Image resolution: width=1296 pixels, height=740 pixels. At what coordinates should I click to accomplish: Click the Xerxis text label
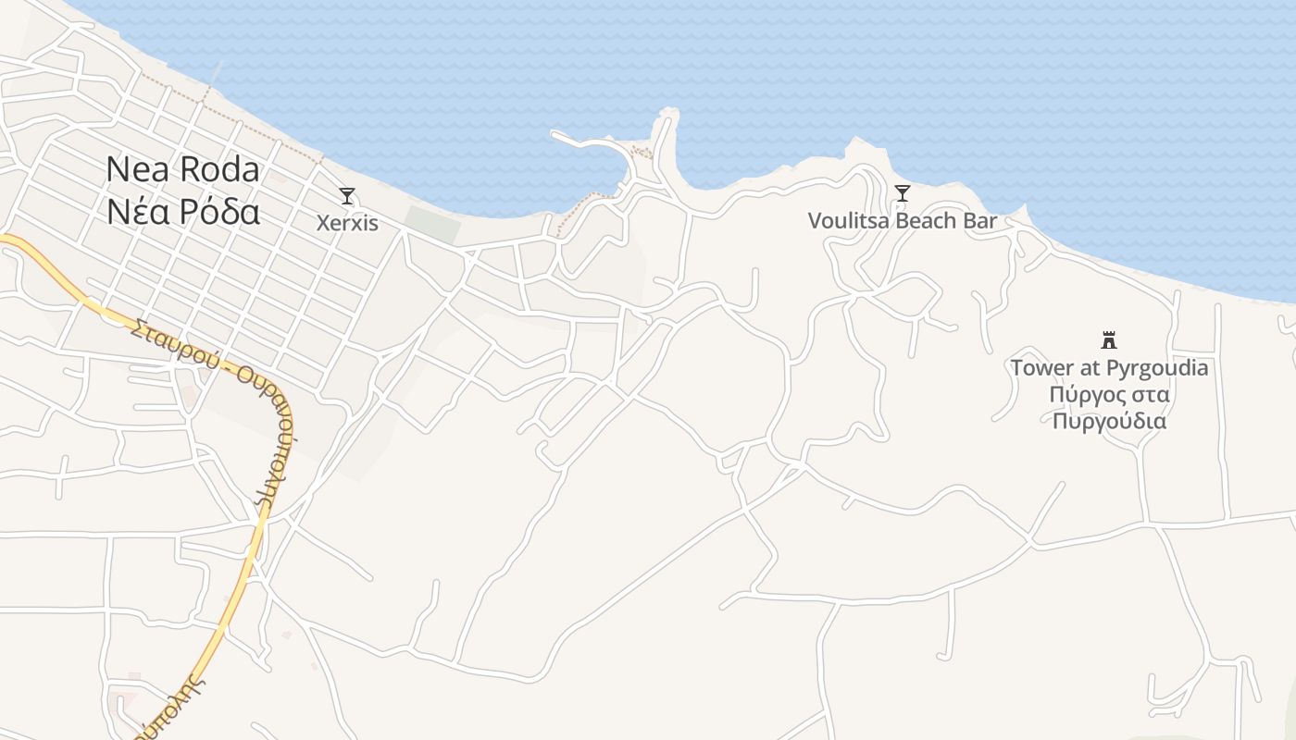pos(347,223)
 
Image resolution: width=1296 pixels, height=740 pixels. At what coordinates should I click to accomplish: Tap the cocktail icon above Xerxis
pos(347,196)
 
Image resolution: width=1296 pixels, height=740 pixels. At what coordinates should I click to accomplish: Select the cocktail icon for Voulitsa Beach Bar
pos(903,193)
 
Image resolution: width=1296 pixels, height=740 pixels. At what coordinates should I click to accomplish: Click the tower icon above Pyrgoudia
pos(1109,339)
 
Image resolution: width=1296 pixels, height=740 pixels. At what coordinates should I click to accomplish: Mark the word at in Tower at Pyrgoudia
pos(1090,368)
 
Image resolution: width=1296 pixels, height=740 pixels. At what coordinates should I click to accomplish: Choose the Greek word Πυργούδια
pos(1109,422)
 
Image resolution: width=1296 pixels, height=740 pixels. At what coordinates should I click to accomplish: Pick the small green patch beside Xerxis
pos(432,224)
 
